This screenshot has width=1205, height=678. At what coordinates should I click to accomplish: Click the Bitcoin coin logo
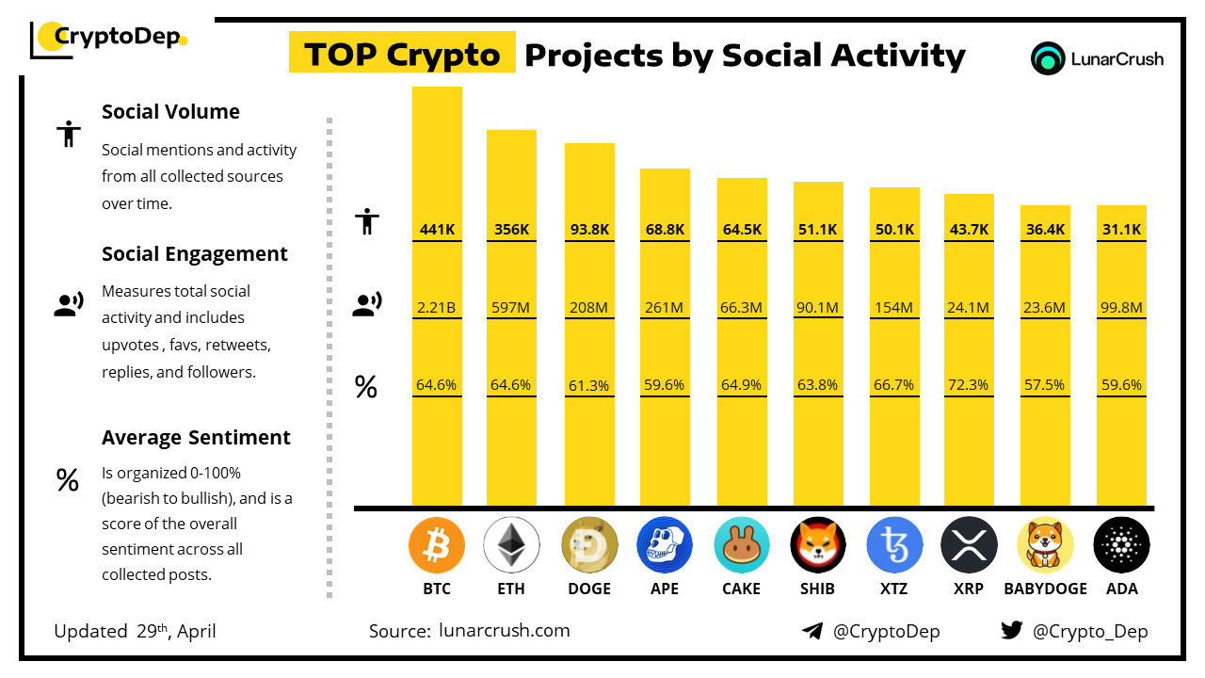point(436,545)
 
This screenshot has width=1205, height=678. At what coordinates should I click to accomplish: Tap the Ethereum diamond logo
point(511,545)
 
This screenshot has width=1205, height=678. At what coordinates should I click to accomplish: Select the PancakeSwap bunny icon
point(741,545)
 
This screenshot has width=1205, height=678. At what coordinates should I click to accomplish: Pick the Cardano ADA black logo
point(1121,545)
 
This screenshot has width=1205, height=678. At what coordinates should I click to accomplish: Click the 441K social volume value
point(437,229)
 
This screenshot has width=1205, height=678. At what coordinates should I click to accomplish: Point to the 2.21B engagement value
point(436,307)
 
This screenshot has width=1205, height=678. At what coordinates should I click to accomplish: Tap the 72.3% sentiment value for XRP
point(969,385)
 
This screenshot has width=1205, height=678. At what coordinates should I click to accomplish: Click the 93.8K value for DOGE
point(589,229)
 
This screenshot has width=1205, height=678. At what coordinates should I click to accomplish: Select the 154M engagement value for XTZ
point(893,307)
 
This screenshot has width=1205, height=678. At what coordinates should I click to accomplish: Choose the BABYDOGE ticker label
point(1045,589)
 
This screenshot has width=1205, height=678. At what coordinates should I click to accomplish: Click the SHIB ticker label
point(817,589)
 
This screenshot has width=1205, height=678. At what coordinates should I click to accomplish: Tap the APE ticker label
point(665,589)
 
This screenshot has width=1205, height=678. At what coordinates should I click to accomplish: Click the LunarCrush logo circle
point(1048,58)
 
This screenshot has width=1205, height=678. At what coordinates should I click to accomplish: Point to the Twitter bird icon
point(1011,630)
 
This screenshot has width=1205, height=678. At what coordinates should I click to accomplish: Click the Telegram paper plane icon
point(812,631)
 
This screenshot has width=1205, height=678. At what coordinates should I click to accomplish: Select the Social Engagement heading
point(194,254)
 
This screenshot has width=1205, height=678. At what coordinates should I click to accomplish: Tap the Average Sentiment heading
point(196,438)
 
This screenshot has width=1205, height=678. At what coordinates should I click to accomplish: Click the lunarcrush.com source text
point(504,630)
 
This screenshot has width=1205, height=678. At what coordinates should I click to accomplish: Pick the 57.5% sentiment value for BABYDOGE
point(1045,385)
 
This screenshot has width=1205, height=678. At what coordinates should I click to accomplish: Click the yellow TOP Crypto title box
point(402,52)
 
